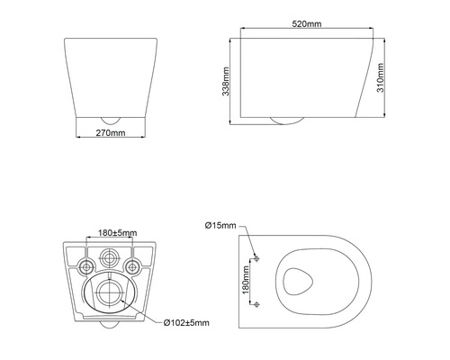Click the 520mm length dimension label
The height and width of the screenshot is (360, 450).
pyautogui.click(x=306, y=25)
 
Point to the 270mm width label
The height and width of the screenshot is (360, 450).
pyautogui.click(x=107, y=133)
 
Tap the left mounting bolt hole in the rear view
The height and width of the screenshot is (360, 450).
pyautogui.click(x=84, y=265)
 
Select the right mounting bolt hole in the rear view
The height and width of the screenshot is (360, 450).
pyautogui.click(x=133, y=265)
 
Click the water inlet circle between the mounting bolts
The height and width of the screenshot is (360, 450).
pyautogui.click(x=108, y=256)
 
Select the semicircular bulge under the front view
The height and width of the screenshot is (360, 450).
pyautogui.click(x=107, y=119)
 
